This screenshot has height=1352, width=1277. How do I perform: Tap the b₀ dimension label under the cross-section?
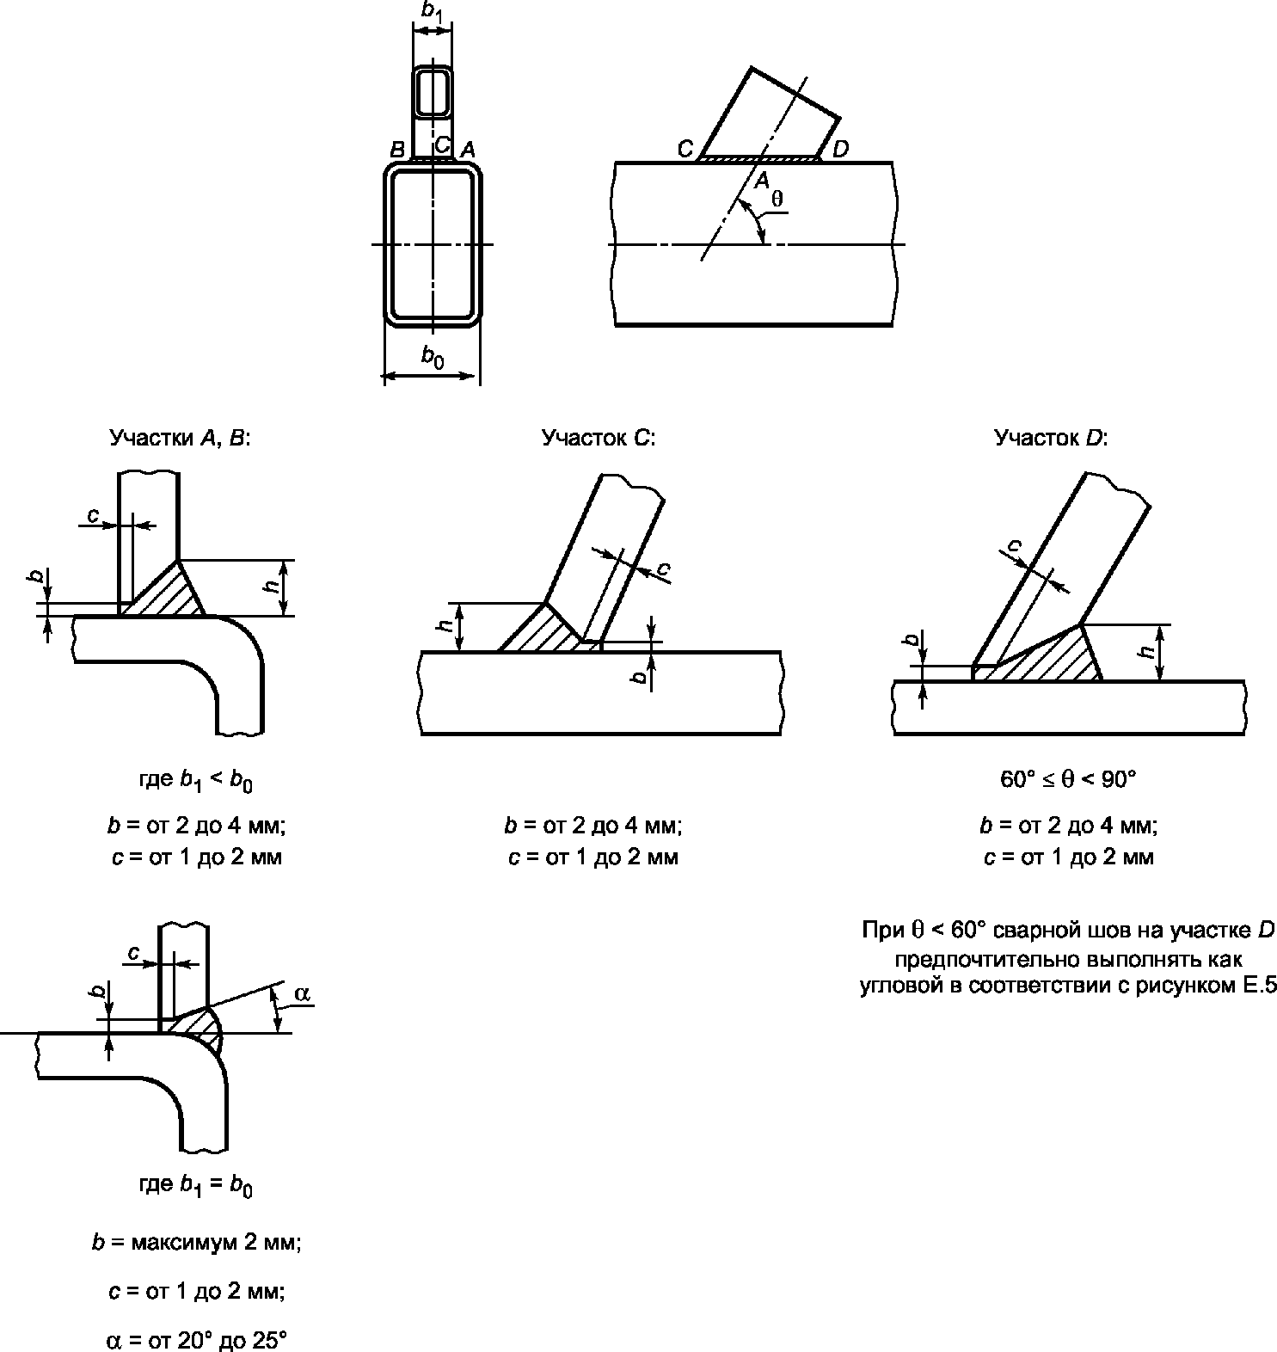coord(433,356)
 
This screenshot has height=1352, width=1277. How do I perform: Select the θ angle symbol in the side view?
coord(777,198)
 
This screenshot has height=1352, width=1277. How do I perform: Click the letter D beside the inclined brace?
coord(840,149)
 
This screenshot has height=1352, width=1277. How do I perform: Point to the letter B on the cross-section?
coord(397,150)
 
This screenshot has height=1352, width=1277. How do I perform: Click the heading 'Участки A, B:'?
coord(180,439)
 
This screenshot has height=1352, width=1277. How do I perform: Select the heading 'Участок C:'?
coord(599,439)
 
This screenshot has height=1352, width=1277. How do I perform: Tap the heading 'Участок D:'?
coord(1051,439)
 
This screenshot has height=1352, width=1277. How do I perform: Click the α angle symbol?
coord(302,993)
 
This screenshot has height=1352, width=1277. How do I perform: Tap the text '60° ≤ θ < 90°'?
coord(1068,780)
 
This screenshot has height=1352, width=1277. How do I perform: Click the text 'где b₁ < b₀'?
coord(196,781)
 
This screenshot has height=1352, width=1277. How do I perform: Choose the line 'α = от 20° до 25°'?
coord(195,1340)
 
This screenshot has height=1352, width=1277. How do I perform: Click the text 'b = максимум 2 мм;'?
coord(196,1243)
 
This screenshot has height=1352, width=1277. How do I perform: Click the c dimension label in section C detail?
coord(662,568)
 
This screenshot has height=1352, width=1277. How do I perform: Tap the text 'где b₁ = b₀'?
coord(196,1185)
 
